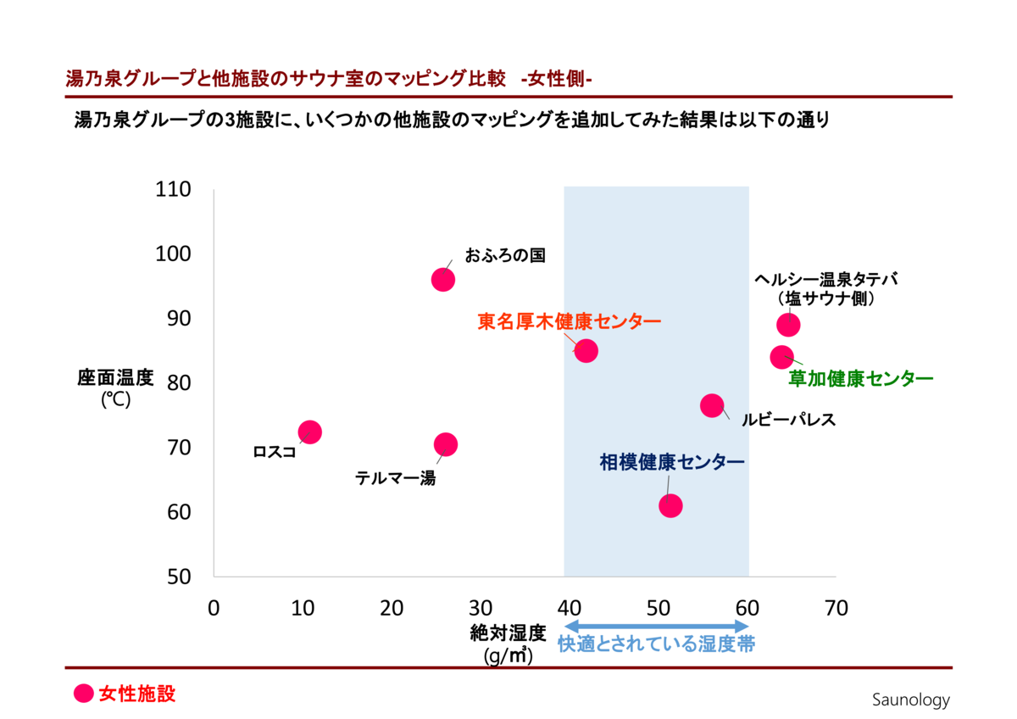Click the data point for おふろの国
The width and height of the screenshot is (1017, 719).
(x=443, y=280)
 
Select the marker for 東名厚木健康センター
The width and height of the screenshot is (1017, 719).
(x=586, y=351)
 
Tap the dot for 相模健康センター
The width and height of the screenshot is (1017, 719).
(x=670, y=506)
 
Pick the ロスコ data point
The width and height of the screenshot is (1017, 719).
(x=310, y=432)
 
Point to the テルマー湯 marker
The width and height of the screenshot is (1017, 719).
(x=446, y=444)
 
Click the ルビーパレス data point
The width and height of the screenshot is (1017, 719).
(x=712, y=405)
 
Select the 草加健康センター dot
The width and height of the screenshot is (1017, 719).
(x=781, y=357)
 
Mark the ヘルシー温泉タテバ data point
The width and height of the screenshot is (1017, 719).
(x=788, y=325)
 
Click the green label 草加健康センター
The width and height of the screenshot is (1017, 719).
(x=860, y=379)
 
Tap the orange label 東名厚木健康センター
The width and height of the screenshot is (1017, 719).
(x=569, y=322)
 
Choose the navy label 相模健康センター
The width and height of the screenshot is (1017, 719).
(x=672, y=462)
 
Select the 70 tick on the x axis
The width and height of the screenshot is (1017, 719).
(x=835, y=608)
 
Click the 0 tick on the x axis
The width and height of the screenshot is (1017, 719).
(x=214, y=608)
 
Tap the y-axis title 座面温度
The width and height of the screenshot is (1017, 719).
(x=115, y=378)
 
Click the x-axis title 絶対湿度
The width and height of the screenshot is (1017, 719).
(x=508, y=633)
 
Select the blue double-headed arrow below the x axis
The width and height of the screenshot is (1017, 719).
(x=656, y=626)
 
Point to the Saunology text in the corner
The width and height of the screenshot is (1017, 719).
(x=911, y=700)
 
